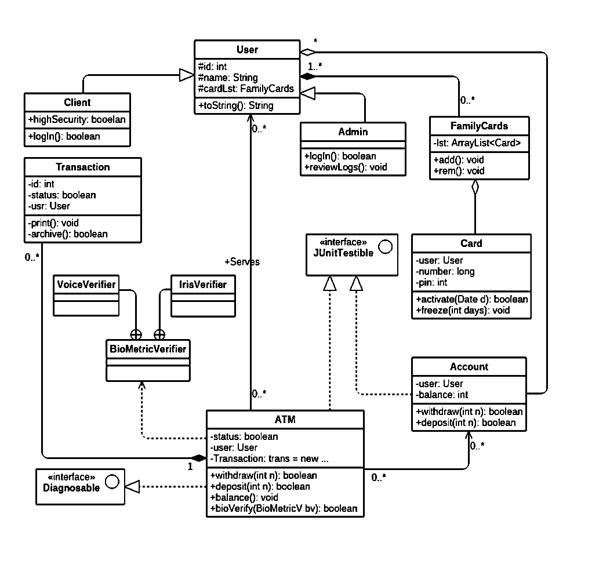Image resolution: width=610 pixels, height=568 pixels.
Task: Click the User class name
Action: pos(247,50)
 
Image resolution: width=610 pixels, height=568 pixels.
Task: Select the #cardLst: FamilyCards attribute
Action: pos(246,89)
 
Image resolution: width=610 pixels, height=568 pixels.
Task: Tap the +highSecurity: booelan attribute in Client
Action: pos(77,119)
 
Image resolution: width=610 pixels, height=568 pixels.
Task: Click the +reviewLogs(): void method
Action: pos(345,167)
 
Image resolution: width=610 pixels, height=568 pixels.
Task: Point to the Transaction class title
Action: pos(82,167)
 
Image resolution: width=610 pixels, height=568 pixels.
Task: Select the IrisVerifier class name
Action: pos(203,285)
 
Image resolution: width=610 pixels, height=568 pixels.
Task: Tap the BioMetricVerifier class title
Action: pos(148,349)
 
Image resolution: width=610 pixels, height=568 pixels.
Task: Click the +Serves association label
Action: pos(242,262)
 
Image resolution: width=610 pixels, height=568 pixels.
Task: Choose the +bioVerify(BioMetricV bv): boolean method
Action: pos(284,508)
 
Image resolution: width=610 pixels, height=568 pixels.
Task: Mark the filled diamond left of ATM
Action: pos(199,458)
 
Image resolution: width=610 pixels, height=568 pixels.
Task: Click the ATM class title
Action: pos(285,419)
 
